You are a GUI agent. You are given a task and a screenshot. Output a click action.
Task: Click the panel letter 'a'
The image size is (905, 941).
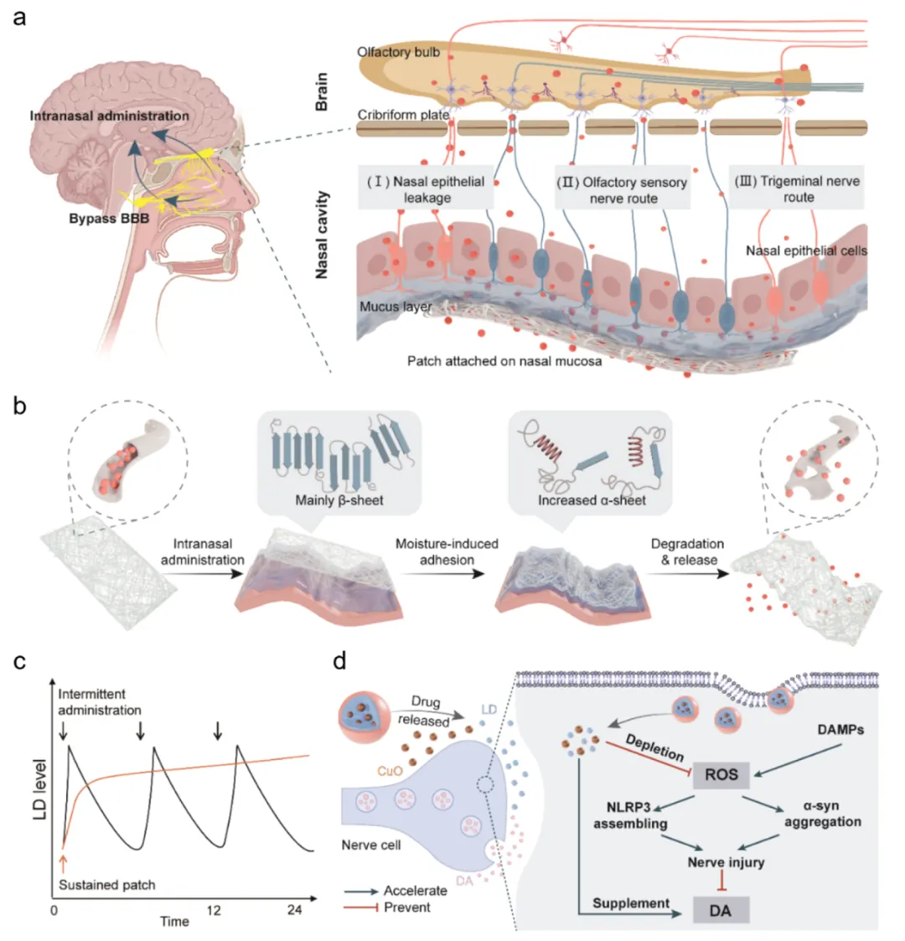pos(18,17)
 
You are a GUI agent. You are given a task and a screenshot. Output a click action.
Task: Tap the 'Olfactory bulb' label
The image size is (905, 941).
pos(397,52)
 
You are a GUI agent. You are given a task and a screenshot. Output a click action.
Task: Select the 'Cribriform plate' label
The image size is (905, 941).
pos(403,115)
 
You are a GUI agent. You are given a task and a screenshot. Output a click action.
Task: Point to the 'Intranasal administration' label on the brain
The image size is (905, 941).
pos(110,116)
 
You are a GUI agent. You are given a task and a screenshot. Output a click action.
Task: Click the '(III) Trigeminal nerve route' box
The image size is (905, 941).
pos(797,189)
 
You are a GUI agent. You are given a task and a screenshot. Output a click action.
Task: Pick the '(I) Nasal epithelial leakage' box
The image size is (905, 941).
pos(427,189)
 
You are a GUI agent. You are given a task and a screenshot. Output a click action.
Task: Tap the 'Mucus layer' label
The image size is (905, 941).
pos(396,307)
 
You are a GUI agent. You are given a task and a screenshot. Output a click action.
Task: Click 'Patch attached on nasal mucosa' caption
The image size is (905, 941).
pos(504,361)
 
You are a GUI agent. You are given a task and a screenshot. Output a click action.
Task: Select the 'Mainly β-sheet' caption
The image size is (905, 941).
pos(339,501)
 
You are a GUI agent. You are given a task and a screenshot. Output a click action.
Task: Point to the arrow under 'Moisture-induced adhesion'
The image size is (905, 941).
pos(447,575)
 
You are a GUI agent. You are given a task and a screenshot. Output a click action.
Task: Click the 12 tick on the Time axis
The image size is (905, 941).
pos(214,910)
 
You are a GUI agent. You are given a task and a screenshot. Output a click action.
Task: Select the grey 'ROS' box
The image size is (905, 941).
pos(721,773)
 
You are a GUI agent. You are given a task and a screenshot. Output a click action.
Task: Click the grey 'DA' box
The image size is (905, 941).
pos(720,908)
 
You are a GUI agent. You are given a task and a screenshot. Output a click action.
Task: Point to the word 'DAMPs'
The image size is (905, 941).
pos(840,730)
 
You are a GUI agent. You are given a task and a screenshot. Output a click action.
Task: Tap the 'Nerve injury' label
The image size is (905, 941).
pos(726,861)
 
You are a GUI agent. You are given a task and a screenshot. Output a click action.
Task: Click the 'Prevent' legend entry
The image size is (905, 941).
pos(406,907)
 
